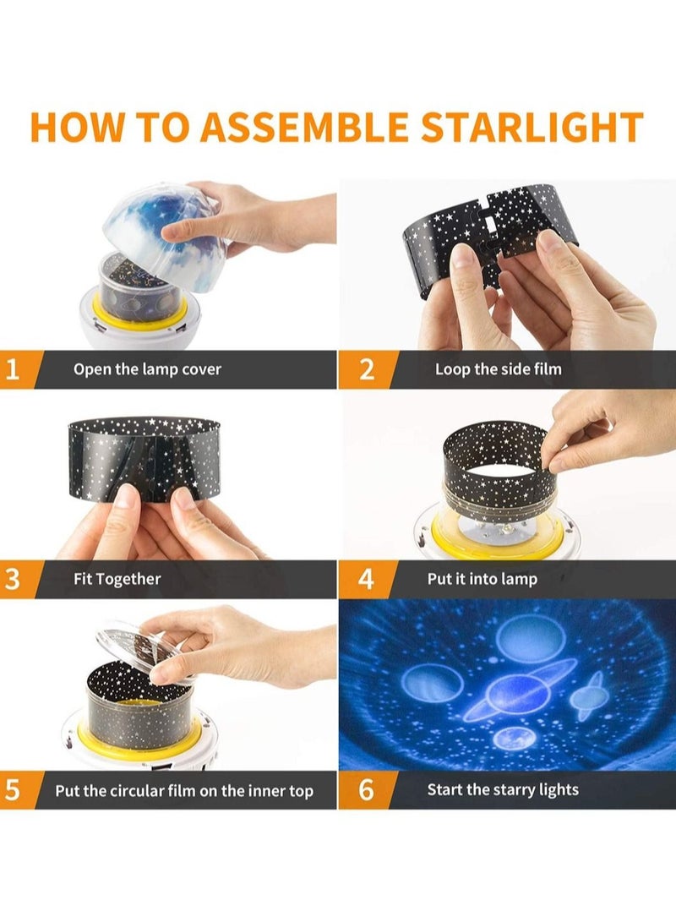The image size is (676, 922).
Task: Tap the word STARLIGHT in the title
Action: (x=532, y=126)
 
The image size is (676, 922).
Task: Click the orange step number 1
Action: (x=14, y=369)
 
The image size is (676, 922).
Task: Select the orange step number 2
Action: (x=367, y=369)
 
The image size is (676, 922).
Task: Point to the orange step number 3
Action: (x=14, y=579)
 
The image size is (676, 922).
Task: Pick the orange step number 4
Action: (x=367, y=579)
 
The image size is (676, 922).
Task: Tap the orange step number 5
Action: (x=14, y=790)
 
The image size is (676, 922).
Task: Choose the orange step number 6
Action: (x=367, y=790)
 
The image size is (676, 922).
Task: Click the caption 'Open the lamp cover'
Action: (x=147, y=369)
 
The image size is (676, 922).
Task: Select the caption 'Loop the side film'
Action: (x=498, y=369)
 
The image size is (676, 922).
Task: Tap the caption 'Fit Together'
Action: (x=117, y=579)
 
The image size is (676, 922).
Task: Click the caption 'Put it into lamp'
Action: (x=482, y=579)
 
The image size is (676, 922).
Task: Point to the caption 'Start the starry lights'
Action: (x=502, y=790)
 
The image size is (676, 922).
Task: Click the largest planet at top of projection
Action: (x=526, y=638)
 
